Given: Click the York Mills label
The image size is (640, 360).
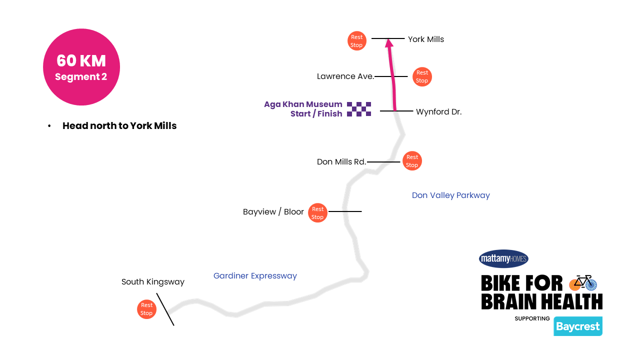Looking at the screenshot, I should click(425, 39).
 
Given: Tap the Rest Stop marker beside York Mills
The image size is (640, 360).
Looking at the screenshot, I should click(357, 41).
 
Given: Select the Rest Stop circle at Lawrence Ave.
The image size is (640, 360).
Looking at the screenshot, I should click(422, 76).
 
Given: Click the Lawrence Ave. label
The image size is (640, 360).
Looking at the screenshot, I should click(345, 76).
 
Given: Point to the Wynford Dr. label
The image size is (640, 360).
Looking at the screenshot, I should click(438, 112).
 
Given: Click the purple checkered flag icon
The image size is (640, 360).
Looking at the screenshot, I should click(359, 109).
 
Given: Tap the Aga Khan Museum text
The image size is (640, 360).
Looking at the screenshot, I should click(303, 104).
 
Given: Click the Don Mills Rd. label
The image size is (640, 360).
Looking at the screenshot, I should click(341, 161).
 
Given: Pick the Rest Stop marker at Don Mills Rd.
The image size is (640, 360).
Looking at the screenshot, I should click(412, 161).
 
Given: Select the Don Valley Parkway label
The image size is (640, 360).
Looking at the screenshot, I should click(450, 195).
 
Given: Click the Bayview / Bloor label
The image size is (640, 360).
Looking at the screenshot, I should click(273, 212).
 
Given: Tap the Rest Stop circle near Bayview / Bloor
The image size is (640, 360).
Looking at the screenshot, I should click(317, 213).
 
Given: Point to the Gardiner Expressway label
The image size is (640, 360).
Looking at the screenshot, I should click(255, 275).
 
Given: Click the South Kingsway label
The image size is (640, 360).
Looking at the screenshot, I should click(152, 282).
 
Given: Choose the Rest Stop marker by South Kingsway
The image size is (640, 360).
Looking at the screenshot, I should click(146, 309).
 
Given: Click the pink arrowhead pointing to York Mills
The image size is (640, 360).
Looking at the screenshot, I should click(388, 43).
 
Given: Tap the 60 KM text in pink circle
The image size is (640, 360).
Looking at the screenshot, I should click(81, 60).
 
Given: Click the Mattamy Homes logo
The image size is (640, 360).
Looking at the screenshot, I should click(503, 258).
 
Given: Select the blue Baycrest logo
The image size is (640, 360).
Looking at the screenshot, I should click(577, 326).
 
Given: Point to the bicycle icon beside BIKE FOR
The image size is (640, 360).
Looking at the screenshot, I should click(583, 282).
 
